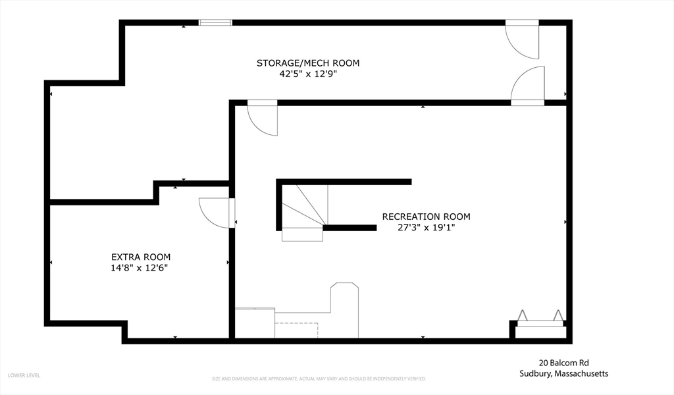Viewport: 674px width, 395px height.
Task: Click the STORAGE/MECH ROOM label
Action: point(308,63)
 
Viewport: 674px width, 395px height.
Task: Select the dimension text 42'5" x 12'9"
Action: point(308,74)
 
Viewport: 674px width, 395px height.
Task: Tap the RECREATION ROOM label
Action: point(426,217)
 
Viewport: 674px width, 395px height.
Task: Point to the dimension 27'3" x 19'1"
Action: point(426,228)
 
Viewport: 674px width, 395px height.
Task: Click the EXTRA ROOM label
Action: point(141,257)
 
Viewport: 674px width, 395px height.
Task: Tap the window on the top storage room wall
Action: point(215,23)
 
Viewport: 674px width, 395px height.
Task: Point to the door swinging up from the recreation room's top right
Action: point(528,86)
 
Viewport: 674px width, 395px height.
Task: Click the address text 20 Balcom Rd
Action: point(563,362)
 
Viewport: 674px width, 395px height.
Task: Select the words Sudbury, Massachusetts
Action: point(563,373)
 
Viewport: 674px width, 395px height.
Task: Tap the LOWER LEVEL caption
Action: point(24,375)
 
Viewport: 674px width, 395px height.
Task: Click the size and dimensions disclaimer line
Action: point(319,379)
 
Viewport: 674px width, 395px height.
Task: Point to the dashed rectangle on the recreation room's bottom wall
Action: point(296,330)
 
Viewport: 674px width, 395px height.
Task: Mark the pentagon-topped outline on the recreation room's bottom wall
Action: point(344,309)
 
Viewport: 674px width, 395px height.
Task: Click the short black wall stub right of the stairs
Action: point(350,228)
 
